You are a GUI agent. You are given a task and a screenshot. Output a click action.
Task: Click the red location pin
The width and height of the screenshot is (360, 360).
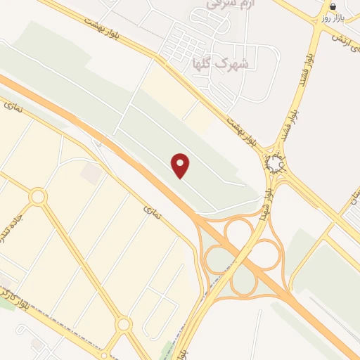[181, 165]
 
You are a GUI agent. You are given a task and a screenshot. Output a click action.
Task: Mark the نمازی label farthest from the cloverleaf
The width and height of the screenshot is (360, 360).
[13, 106]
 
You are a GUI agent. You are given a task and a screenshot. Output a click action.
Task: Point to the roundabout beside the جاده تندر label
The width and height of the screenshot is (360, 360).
[38, 197]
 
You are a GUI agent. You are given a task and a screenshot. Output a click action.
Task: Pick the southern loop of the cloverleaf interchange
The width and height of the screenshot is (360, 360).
[243, 281]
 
